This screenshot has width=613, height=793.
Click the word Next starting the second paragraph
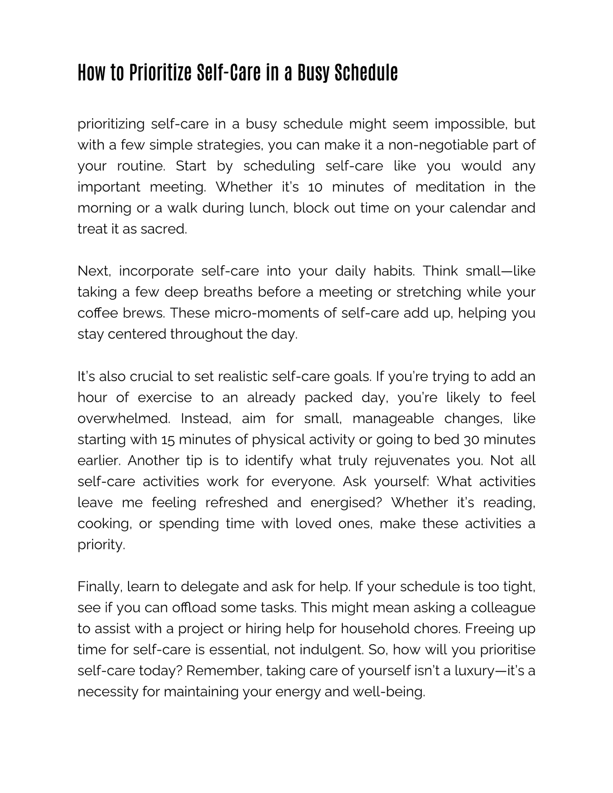(94, 271)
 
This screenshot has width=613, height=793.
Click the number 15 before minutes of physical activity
(168, 440)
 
